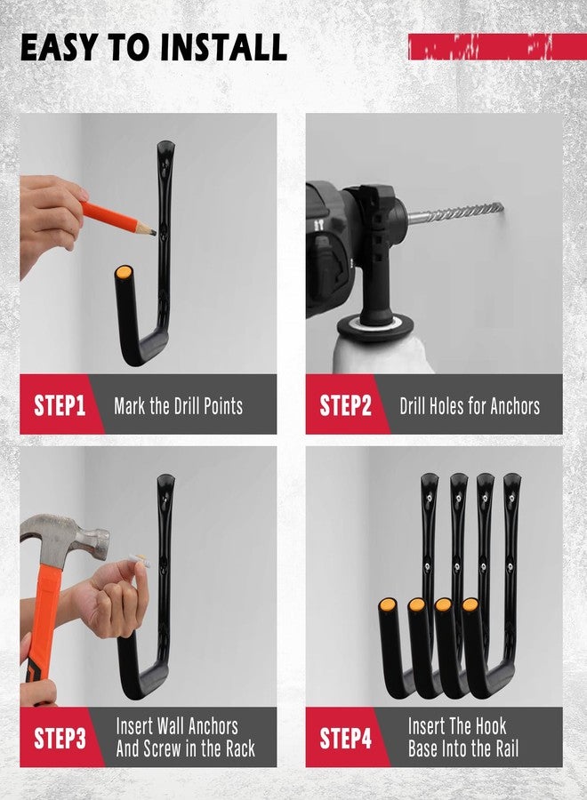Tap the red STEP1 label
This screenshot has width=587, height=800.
pyautogui.click(x=59, y=406)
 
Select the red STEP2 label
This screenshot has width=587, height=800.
pyautogui.click(x=345, y=406)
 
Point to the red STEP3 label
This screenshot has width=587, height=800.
pyautogui.click(x=59, y=738)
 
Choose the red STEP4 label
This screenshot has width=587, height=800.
pyautogui.click(x=345, y=738)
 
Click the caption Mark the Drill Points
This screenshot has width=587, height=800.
pyautogui.click(x=178, y=406)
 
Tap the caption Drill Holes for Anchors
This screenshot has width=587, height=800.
pyautogui.click(x=470, y=406)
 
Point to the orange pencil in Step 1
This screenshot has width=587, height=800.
pyautogui.click(x=116, y=217)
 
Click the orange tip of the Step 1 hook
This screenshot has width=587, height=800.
pyautogui.click(x=125, y=272)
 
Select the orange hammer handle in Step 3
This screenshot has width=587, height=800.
pyautogui.click(x=39, y=622)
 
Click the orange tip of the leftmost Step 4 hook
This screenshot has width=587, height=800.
pyautogui.click(x=388, y=605)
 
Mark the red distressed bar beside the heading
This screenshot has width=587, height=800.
pyautogui.click(x=496, y=46)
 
